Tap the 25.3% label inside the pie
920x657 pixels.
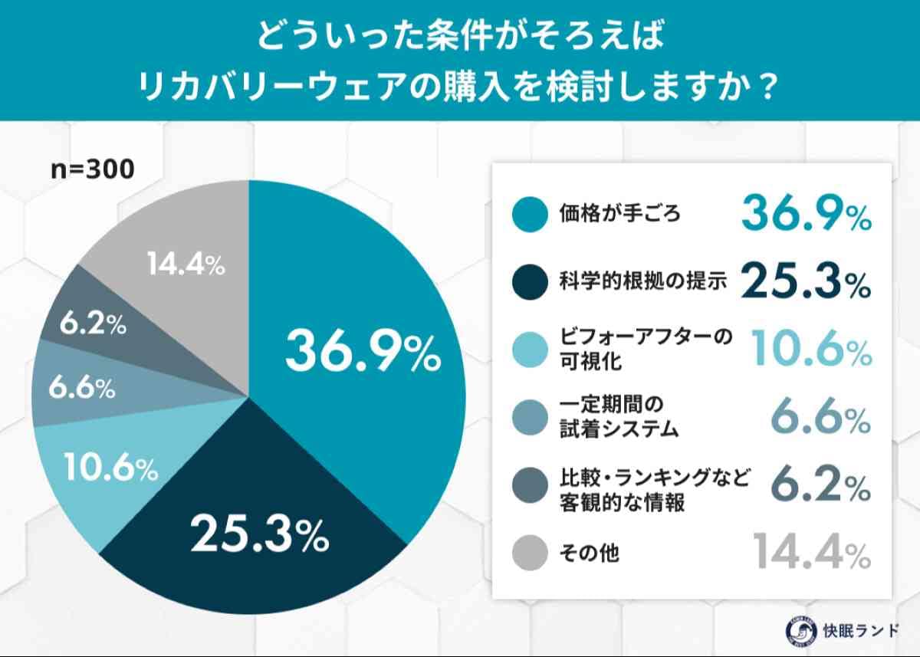tap(259, 534)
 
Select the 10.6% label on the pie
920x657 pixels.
tap(110, 468)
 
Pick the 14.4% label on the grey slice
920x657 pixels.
tap(186, 265)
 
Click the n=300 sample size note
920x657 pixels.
tap(92, 169)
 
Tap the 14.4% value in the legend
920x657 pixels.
tap(810, 552)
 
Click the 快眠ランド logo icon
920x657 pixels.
tap(799, 630)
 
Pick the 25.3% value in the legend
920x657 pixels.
tap(805, 282)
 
